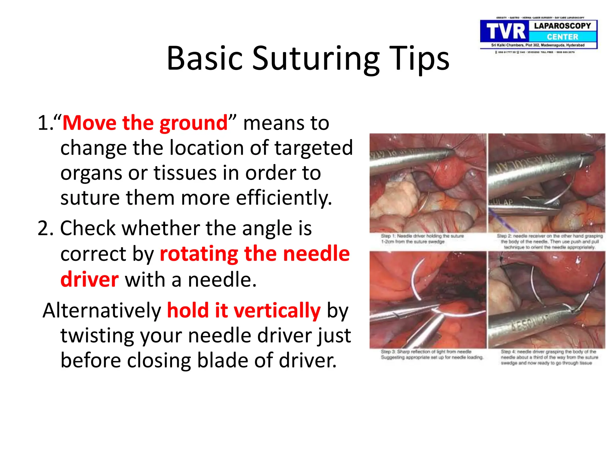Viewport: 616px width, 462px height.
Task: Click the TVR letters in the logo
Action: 505,32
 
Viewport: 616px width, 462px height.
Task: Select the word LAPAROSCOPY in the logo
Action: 562,26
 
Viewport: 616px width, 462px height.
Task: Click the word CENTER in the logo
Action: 562,37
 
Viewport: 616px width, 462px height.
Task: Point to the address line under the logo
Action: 538,45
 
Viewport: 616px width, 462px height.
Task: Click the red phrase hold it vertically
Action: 244,310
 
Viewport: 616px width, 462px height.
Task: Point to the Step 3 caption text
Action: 432,354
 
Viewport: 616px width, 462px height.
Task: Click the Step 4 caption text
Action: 549,357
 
